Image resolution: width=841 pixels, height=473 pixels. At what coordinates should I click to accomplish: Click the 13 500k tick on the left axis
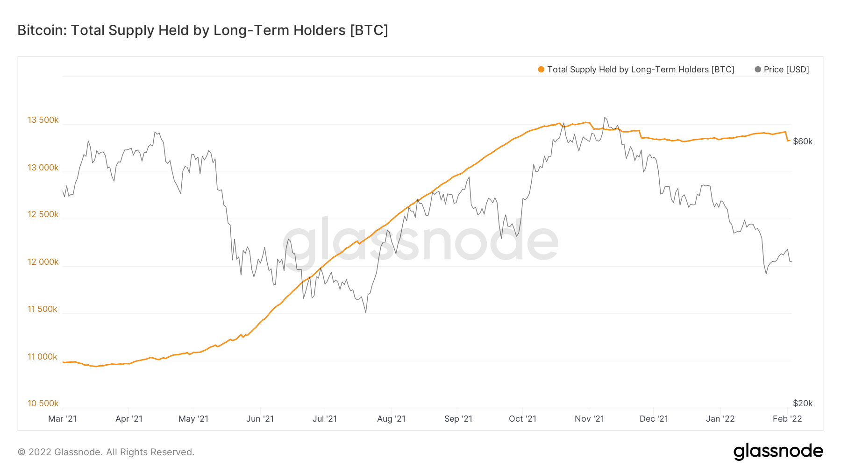43,120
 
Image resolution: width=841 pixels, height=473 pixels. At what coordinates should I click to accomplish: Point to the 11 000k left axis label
43,357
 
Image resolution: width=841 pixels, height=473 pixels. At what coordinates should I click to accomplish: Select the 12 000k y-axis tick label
43,262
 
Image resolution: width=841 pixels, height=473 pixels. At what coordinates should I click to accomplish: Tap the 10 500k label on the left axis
43,403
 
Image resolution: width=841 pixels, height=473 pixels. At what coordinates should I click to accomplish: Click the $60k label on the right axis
803,141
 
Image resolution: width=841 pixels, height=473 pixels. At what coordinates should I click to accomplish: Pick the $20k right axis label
803,403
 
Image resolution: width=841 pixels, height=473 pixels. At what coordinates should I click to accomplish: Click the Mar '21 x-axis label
62,419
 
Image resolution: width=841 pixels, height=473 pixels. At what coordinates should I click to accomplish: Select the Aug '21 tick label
391,419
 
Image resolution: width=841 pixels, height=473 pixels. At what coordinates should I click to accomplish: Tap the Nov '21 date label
589,419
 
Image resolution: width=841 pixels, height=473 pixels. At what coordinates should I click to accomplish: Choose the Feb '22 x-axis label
787,419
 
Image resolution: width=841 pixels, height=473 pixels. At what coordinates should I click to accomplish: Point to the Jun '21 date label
260,419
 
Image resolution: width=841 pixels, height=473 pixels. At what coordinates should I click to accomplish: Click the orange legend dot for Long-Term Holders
541,70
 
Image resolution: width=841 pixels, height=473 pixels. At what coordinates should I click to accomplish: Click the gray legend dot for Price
758,70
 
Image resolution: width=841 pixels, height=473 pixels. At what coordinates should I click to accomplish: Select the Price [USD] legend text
786,70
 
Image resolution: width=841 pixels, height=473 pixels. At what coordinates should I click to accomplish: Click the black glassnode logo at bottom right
778,452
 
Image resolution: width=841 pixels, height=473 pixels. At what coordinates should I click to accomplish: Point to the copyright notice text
106,452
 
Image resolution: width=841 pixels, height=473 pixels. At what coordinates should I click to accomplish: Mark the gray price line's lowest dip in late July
365,312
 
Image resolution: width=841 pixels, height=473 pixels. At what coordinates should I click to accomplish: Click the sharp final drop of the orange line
787,136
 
